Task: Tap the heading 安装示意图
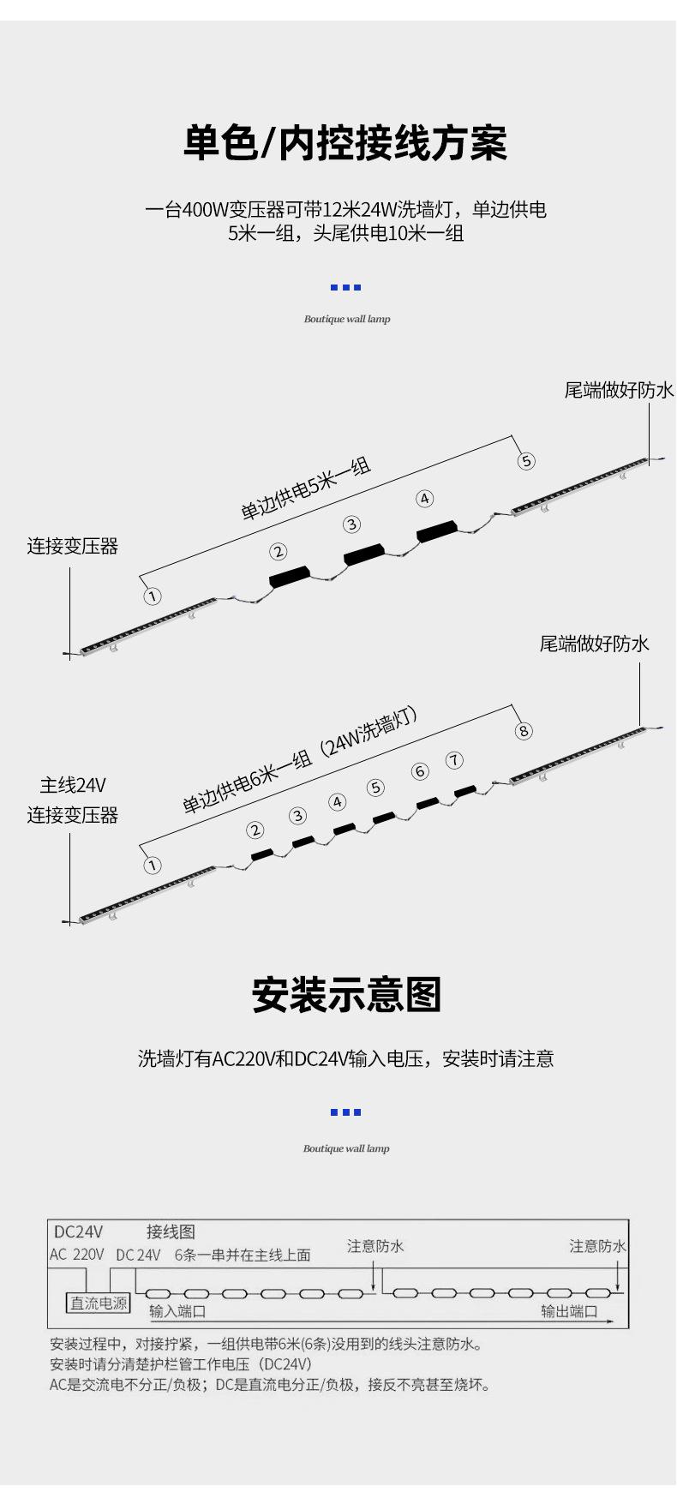tap(346, 996)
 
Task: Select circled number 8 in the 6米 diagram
tap(524, 730)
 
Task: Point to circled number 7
tap(454, 760)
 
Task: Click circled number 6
tap(420, 771)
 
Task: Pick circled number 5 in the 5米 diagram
tap(526, 461)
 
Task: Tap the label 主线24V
tap(73, 785)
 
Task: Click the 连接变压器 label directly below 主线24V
tap(73, 815)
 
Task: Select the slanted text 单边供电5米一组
tap(306, 489)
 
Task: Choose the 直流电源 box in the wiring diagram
tap(99, 1303)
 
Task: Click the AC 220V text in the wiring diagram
tap(77, 1255)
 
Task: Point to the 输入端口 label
tap(177, 1311)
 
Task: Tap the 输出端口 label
tap(569, 1311)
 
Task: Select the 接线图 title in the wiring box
tap(171, 1231)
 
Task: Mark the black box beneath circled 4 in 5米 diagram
tap(437, 531)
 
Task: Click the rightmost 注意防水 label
tap(597, 1246)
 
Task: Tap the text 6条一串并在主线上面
tap(243, 1255)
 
